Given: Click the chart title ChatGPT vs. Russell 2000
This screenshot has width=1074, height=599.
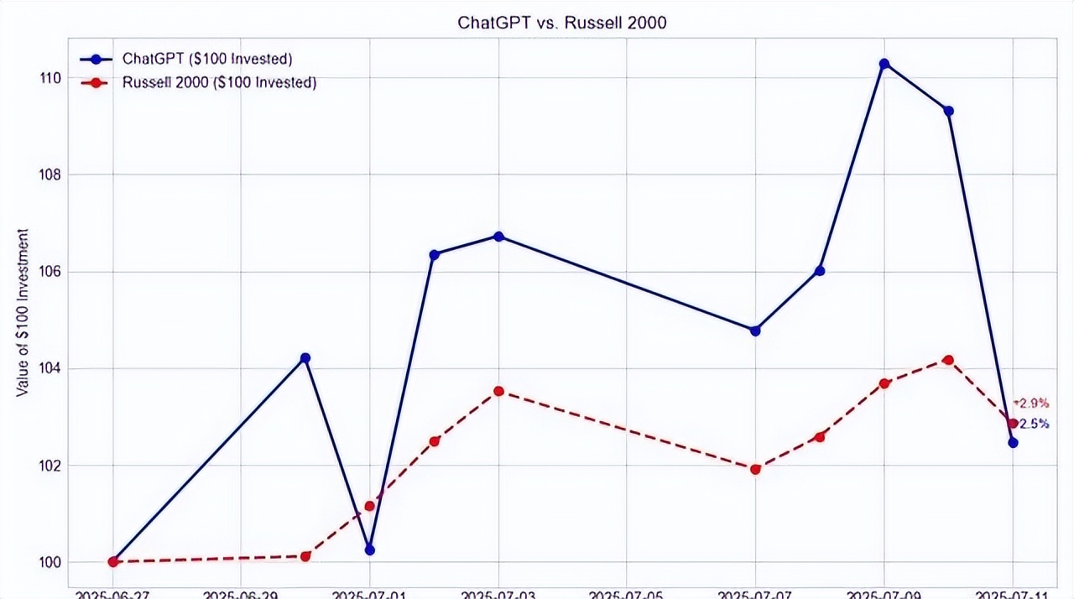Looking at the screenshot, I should point(561,23).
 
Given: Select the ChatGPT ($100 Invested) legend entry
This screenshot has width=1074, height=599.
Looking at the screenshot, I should point(206,59).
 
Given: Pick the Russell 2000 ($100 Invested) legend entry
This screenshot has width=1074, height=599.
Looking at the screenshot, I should point(218,82).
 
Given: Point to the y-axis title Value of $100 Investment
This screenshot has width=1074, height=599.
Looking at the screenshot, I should point(23,312).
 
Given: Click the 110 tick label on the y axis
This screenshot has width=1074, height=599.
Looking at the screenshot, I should point(51,78).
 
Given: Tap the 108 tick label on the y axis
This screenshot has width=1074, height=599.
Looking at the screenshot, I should point(51,174).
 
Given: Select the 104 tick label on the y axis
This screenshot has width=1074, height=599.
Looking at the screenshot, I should point(51,368).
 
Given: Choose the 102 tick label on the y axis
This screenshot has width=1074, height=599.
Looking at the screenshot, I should point(51,466).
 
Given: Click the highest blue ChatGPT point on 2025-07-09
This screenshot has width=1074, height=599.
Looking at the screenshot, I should point(884,64).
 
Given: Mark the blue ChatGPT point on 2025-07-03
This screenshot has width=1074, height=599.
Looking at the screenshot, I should point(498,237).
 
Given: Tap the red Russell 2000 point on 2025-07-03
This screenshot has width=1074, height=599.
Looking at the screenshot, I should point(498,391).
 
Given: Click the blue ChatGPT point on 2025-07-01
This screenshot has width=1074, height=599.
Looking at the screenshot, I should point(370,550).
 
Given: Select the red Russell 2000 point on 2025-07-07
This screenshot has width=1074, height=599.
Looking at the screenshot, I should point(756,469).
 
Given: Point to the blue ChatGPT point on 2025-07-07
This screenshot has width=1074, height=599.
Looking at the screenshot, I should point(755,331).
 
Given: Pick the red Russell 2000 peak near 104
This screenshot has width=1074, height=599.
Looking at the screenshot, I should point(948,360).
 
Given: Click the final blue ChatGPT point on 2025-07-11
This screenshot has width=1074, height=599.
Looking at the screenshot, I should point(1013,442).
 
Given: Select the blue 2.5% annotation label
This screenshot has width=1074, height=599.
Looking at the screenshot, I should point(1034,425).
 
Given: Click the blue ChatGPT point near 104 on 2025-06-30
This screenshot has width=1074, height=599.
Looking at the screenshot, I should point(305,358).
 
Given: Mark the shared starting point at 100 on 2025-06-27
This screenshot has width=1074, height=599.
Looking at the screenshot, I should point(113,561).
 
